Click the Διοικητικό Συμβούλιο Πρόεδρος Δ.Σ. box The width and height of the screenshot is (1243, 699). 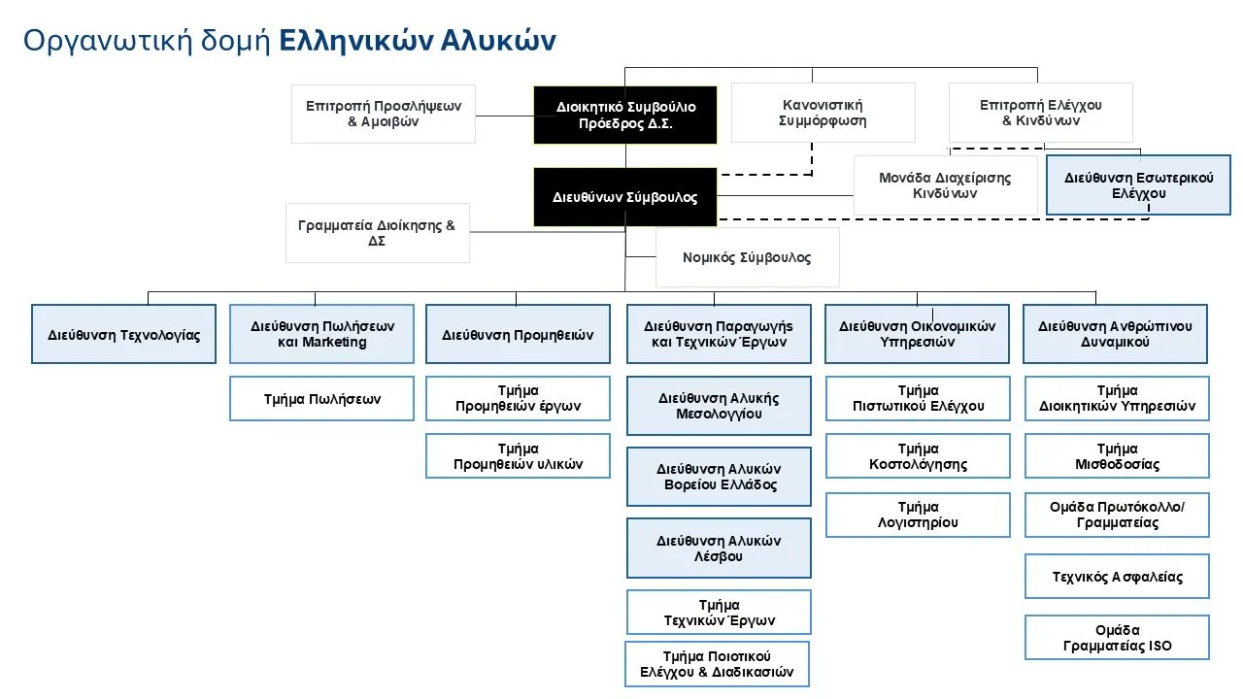(624, 115)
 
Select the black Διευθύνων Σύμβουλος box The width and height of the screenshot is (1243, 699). (624, 197)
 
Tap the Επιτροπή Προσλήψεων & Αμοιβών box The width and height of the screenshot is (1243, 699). (384, 114)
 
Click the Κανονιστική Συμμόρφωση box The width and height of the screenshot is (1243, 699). (823, 113)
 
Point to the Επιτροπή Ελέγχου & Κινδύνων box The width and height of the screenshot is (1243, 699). (1040, 113)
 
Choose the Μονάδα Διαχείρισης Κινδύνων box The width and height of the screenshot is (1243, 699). (945, 185)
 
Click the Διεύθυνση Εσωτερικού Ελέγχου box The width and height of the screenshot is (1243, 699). (1138, 185)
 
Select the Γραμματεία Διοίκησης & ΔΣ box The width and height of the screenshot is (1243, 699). (377, 233)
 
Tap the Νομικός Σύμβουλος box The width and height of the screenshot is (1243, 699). (747, 258)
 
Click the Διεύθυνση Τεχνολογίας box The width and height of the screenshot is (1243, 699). (123, 335)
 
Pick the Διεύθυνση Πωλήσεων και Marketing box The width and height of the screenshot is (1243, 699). (321, 334)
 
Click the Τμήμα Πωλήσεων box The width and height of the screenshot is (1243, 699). (321, 399)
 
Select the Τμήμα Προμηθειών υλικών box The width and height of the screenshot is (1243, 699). (518, 456)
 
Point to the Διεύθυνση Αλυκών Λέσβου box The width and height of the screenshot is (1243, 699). (719, 549)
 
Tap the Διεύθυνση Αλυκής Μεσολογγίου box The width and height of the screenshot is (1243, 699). (719, 406)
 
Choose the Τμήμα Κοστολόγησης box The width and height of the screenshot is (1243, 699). (918, 456)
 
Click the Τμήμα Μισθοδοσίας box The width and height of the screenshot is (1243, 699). (1117, 456)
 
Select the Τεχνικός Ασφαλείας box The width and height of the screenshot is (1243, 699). (1117, 577)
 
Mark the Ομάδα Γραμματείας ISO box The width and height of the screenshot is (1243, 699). (1117, 638)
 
